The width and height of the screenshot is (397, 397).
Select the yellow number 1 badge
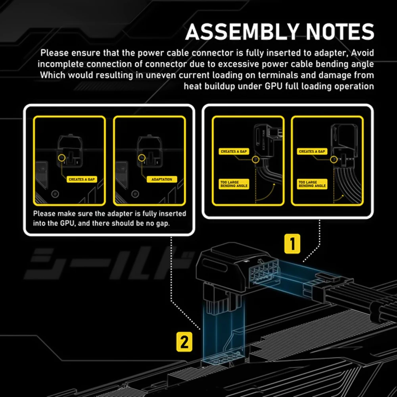293,244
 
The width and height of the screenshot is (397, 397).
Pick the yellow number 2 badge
184,342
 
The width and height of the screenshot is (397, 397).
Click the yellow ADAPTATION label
162,179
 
